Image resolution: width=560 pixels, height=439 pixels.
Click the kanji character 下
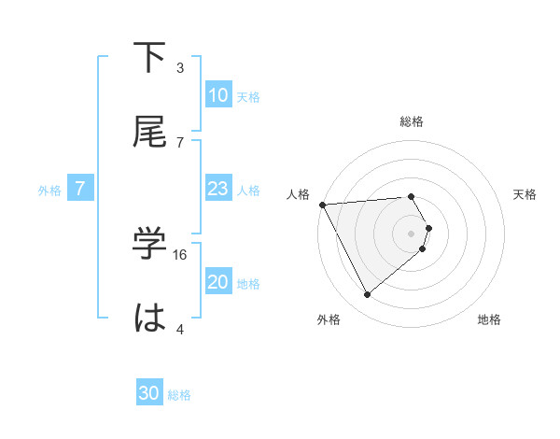point(151,58)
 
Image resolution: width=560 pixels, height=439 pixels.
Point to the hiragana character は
point(151,319)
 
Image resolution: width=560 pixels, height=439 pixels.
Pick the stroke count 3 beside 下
point(180,67)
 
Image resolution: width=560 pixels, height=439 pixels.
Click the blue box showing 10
point(218,95)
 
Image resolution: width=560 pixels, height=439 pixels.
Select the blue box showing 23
point(218,189)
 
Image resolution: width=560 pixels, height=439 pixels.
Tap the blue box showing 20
point(218,282)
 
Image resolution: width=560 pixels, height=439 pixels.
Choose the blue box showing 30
point(149,393)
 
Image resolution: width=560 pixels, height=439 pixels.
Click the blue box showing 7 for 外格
point(80,189)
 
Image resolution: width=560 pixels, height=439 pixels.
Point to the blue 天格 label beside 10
point(248,96)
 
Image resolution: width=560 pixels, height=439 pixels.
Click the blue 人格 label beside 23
point(248,190)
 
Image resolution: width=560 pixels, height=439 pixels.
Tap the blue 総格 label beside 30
point(179,394)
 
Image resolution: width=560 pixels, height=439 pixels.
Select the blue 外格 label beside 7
point(49,190)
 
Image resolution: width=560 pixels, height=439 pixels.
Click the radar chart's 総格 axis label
point(412,121)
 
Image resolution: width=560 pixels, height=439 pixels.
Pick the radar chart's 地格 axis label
point(489,319)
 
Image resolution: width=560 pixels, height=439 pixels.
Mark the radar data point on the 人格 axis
point(322,204)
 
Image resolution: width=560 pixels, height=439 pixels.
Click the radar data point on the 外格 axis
point(367,295)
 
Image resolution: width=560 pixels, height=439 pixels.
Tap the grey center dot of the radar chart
point(412,233)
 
